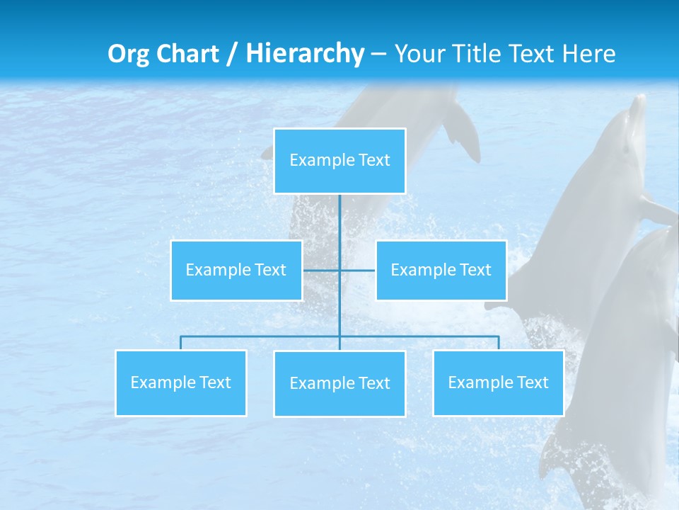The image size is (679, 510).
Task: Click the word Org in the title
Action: [x=129, y=54]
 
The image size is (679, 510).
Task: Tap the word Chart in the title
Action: [x=187, y=54]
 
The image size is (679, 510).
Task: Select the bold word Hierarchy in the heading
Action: [x=305, y=54]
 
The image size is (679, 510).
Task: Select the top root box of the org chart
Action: [x=339, y=161]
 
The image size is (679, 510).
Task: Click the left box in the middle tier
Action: [x=236, y=271]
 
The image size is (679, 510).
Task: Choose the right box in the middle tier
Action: [x=441, y=271]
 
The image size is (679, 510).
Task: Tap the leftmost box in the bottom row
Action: [x=181, y=383]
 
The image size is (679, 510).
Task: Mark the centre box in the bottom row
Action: [x=339, y=384]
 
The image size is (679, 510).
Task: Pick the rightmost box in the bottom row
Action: [x=499, y=383]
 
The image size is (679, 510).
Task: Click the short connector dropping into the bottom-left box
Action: [x=181, y=343]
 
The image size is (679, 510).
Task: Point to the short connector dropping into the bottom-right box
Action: [x=499, y=343]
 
